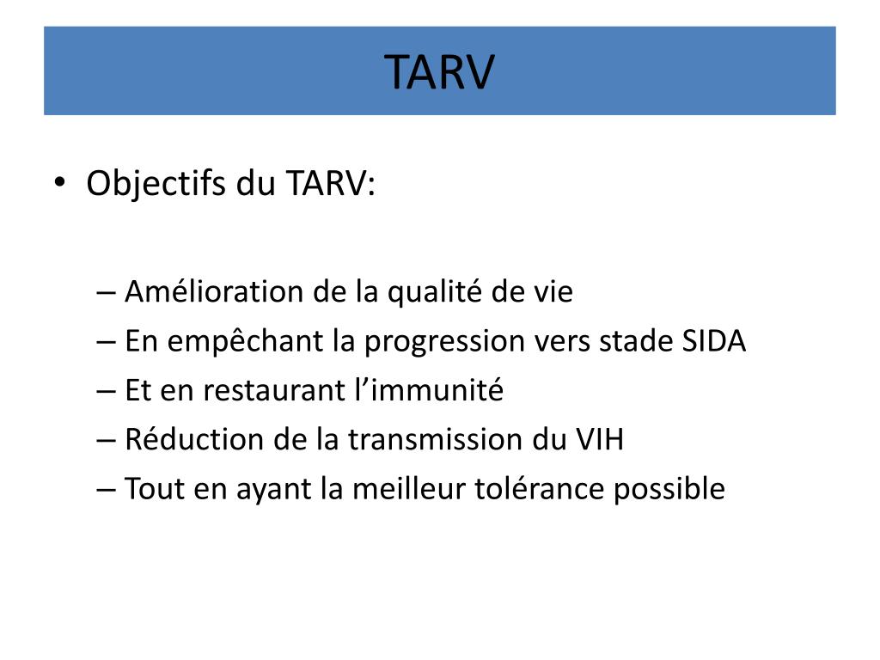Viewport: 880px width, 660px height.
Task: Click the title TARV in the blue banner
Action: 439,71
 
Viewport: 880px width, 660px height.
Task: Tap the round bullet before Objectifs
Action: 59,183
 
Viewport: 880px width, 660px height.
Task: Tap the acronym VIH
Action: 598,440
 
